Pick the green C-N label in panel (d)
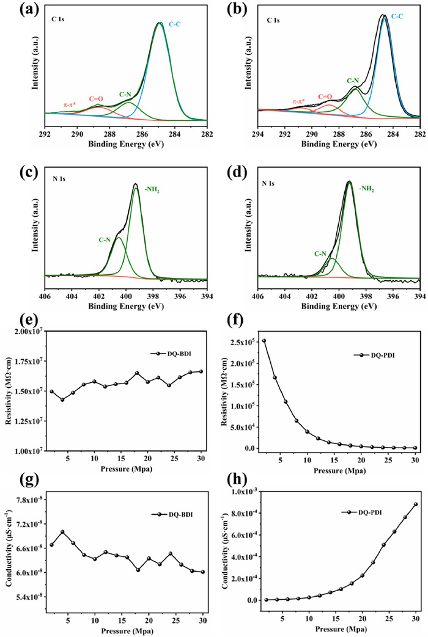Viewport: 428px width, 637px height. click(x=319, y=253)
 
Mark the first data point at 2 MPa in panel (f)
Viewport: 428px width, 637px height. click(x=264, y=341)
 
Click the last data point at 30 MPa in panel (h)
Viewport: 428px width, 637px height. click(x=415, y=504)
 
